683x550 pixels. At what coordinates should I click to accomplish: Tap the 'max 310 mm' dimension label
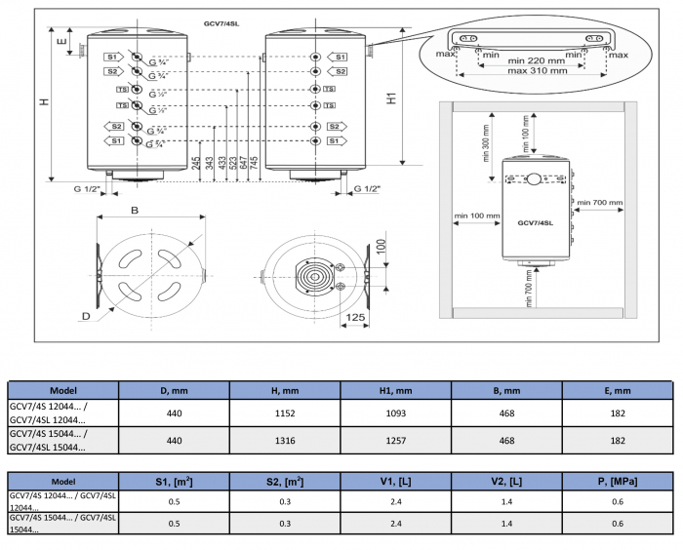click(x=536, y=71)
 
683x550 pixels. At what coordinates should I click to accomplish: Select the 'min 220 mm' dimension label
click(x=536, y=59)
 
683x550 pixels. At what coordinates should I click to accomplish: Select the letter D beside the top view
click(x=86, y=317)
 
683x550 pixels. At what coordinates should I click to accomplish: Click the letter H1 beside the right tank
click(x=391, y=98)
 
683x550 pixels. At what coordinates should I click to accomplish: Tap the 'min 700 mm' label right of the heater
click(x=599, y=203)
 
